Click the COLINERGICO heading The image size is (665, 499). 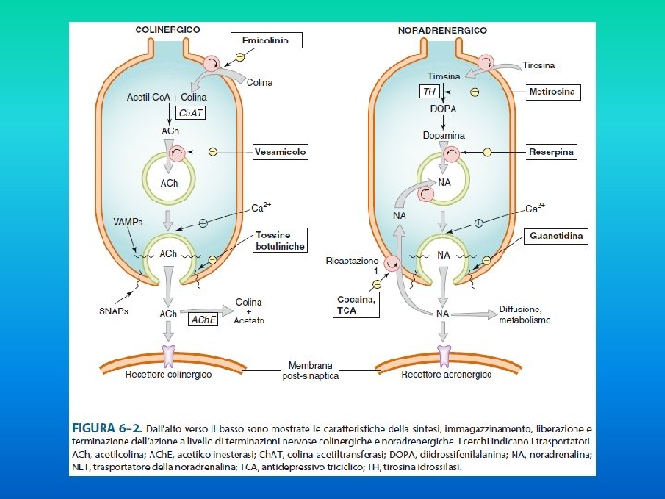(167, 30)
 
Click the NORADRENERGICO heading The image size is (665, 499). (442, 30)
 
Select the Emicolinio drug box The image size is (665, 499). (265, 41)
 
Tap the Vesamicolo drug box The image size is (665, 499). (282, 151)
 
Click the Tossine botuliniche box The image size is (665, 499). (280, 240)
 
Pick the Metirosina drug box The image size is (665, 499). (553, 91)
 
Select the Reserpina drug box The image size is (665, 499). (551, 152)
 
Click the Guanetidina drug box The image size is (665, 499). (556, 237)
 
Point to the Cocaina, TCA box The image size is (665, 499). (356, 306)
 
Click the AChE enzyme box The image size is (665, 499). (203, 319)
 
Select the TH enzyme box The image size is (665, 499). (429, 91)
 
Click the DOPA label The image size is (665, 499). (443, 109)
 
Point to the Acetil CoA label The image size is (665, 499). (148, 97)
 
